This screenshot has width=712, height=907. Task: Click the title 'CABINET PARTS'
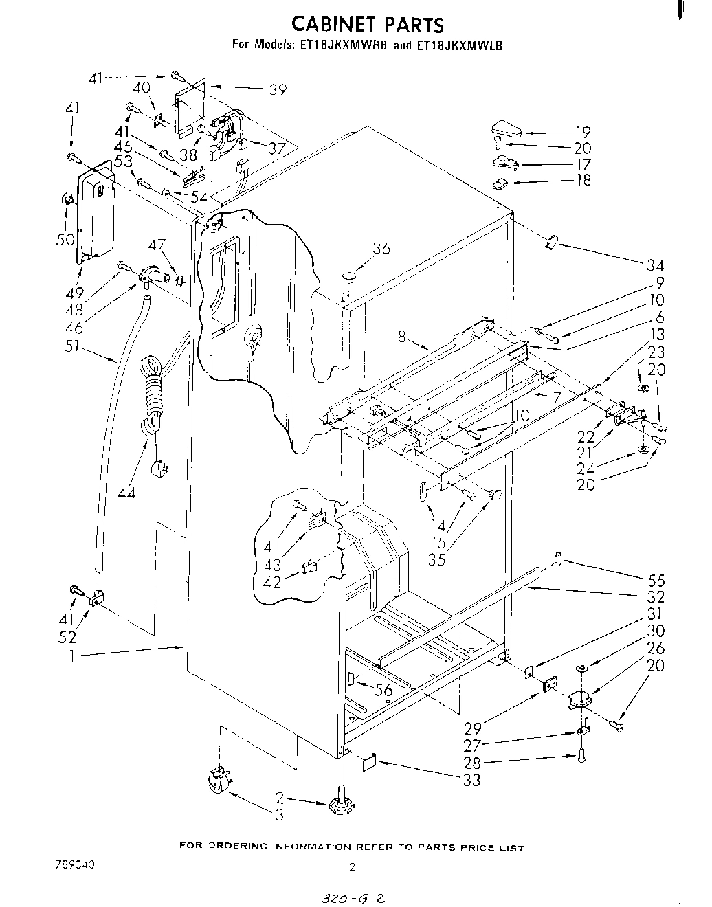pyautogui.click(x=368, y=25)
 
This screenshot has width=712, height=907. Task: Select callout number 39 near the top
pyautogui.click(x=278, y=89)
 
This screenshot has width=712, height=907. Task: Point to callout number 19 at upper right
pyautogui.click(x=582, y=132)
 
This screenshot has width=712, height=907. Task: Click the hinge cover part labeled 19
pyautogui.click(x=507, y=128)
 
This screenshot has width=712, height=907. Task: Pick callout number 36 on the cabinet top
pyautogui.click(x=381, y=248)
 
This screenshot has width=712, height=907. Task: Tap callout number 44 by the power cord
pyautogui.click(x=126, y=492)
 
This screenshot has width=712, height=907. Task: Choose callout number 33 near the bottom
pyautogui.click(x=471, y=780)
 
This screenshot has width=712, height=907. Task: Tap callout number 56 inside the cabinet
pyautogui.click(x=383, y=691)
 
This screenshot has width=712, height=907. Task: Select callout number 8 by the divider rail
pyautogui.click(x=403, y=336)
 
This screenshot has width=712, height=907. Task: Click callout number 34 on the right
pyautogui.click(x=656, y=266)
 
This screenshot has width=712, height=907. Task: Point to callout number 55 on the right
pyautogui.click(x=656, y=580)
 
